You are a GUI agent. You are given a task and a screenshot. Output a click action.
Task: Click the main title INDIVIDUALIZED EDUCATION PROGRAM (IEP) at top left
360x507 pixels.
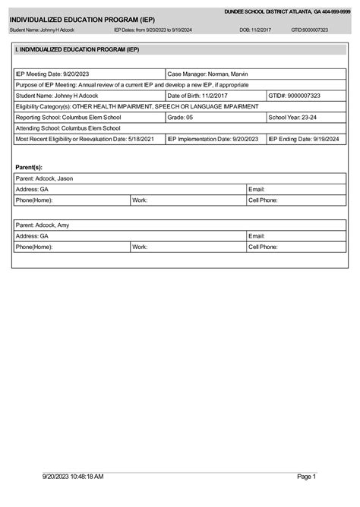(x=82, y=19)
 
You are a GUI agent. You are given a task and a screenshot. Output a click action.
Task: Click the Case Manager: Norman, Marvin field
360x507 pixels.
(x=207, y=74)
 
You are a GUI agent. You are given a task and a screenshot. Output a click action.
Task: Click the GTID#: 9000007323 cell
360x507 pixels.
(x=295, y=96)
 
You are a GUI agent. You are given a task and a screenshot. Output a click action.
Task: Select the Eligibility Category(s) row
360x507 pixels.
(x=137, y=107)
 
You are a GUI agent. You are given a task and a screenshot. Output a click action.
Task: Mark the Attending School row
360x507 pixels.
(x=68, y=128)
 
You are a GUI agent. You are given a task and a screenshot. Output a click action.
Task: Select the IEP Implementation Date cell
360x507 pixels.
(x=213, y=140)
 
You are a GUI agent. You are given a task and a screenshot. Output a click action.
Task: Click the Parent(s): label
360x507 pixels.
(x=29, y=166)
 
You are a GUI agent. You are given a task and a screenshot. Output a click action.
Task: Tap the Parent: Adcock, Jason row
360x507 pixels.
(x=45, y=178)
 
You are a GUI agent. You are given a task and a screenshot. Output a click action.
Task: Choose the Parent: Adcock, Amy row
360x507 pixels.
(x=43, y=225)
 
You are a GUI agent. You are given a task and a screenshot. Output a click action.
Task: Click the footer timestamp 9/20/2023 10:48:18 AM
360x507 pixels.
(x=73, y=477)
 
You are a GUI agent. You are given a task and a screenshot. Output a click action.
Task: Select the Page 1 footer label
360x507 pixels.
(x=306, y=477)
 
